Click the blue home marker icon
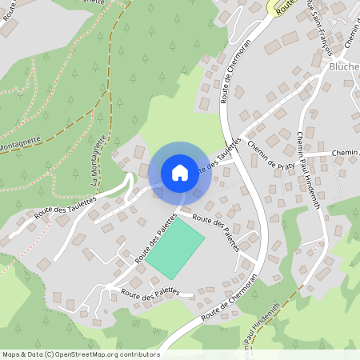click(x=180, y=172)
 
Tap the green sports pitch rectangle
click(x=175, y=249)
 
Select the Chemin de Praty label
click(x=272, y=154)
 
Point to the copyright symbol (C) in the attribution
click(x=50, y=354)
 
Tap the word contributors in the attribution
click(x=141, y=354)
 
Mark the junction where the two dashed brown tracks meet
click(x=107, y=91)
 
